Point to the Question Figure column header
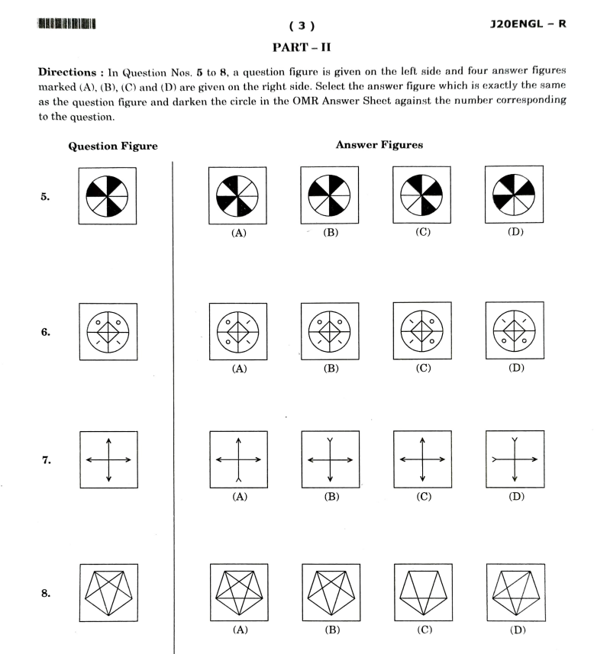coord(113,147)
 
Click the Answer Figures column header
coord(379,145)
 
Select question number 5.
coord(45,196)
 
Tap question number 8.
coord(45,592)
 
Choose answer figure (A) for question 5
coord(238,196)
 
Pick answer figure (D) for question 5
coord(515,196)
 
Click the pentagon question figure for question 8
coord(108,592)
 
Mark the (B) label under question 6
coord(331,369)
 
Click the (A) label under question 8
coord(238,630)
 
